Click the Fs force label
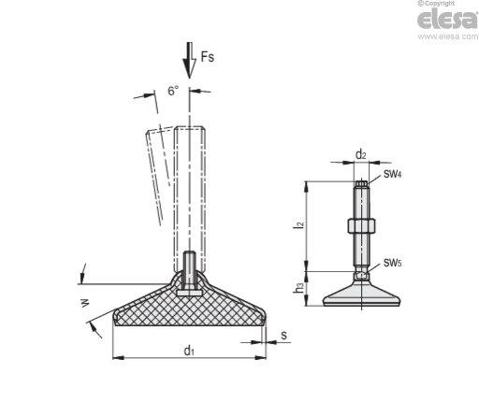pyautogui.click(x=208, y=57)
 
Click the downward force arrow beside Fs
pyautogui.click(x=189, y=60)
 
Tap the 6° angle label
pyautogui.click(x=173, y=91)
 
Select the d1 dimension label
pyautogui.click(x=189, y=351)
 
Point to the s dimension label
pyautogui.click(x=283, y=336)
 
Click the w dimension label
pyautogui.click(x=85, y=303)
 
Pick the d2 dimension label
pyautogui.click(x=361, y=154)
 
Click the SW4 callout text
pyautogui.click(x=392, y=174)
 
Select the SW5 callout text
pyautogui.click(x=392, y=263)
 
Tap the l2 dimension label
pyautogui.click(x=298, y=225)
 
